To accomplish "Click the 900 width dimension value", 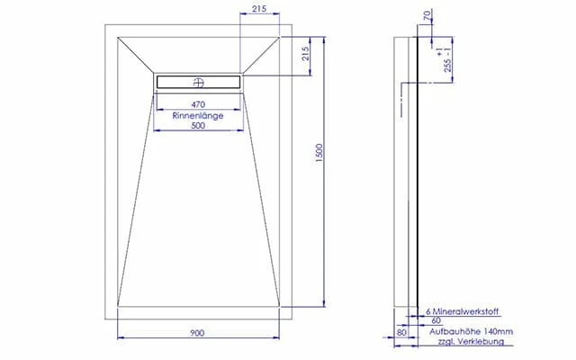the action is (x=197, y=333).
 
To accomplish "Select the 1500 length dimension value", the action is (x=319, y=154).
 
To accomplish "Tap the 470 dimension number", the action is (x=198, y=104).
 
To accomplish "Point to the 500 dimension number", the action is (x=198, y=126).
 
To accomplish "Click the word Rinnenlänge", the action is (x=198, y=115).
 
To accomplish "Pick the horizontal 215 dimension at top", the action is (x=259, y=8).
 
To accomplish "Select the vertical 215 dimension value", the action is (x=305, y=54).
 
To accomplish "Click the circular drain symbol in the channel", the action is (x=198, y=82).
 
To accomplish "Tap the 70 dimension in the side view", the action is (x=427, y=15).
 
